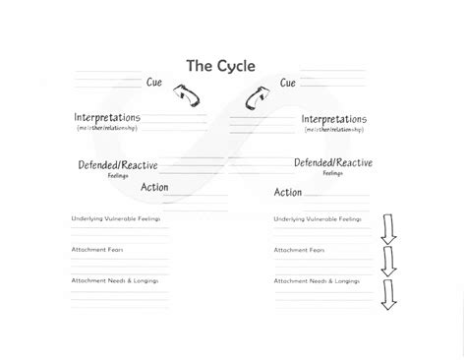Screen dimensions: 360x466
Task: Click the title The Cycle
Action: point(221,66)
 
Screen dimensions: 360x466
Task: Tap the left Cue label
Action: point(153,83)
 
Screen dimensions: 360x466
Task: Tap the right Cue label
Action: point(287,83)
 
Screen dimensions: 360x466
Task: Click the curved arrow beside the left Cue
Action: point(186,95)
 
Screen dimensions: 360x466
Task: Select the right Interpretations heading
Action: point(332,119)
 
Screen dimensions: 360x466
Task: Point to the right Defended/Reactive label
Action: point(332,163)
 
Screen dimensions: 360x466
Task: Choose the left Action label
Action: point(154,187)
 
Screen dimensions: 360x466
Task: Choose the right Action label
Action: point(287,192)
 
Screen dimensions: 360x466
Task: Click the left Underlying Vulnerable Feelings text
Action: point(115,218)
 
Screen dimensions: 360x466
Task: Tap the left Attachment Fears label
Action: point(95,249)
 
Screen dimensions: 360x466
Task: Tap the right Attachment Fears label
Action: point(298,249)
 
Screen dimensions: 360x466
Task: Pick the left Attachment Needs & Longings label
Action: point(114,280)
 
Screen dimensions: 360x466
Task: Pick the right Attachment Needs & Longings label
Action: point(317,280)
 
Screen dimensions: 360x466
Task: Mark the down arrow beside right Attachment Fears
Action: point(387,260)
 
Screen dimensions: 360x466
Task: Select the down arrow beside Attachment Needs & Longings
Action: point(387,294)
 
